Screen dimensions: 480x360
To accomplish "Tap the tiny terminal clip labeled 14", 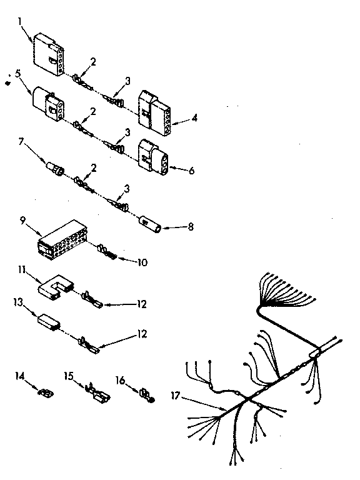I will coord(44,392).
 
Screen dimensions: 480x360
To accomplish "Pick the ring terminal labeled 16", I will coord(147,396).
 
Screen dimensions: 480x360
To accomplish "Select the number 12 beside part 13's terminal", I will coord(142,334).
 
